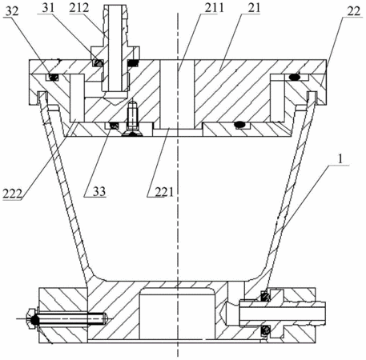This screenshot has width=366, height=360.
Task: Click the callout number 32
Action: click(13, 11)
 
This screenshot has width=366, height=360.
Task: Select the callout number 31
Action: click(48, 8)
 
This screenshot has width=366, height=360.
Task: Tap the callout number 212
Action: click(78, 8)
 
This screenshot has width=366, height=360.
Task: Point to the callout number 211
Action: click(215, 8)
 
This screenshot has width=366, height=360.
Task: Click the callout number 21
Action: click(254, 8)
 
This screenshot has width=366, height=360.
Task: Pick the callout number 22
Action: click(354, 11)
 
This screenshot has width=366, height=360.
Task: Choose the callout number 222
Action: click(12, 193)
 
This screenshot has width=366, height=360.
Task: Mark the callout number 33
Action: click(99, 191)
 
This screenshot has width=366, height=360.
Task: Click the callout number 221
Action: click(164, 191)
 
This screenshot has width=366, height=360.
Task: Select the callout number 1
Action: click(340, 159)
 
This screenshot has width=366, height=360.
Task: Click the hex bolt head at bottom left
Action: click(32, 319)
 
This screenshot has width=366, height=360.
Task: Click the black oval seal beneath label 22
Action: click(294, 78)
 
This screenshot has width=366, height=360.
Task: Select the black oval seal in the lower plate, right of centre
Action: click(240, 125)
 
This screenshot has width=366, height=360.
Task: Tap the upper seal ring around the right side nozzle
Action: click(265, 296)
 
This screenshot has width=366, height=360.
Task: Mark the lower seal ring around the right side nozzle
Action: click(266, 331)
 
